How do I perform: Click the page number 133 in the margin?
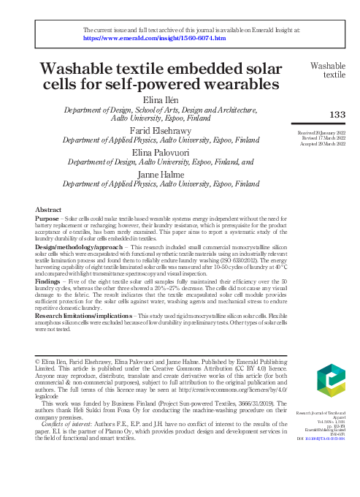click(337, 115)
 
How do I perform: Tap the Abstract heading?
click(48, 210)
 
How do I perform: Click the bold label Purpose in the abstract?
click(49, 218)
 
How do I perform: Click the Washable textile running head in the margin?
click(329, 69)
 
